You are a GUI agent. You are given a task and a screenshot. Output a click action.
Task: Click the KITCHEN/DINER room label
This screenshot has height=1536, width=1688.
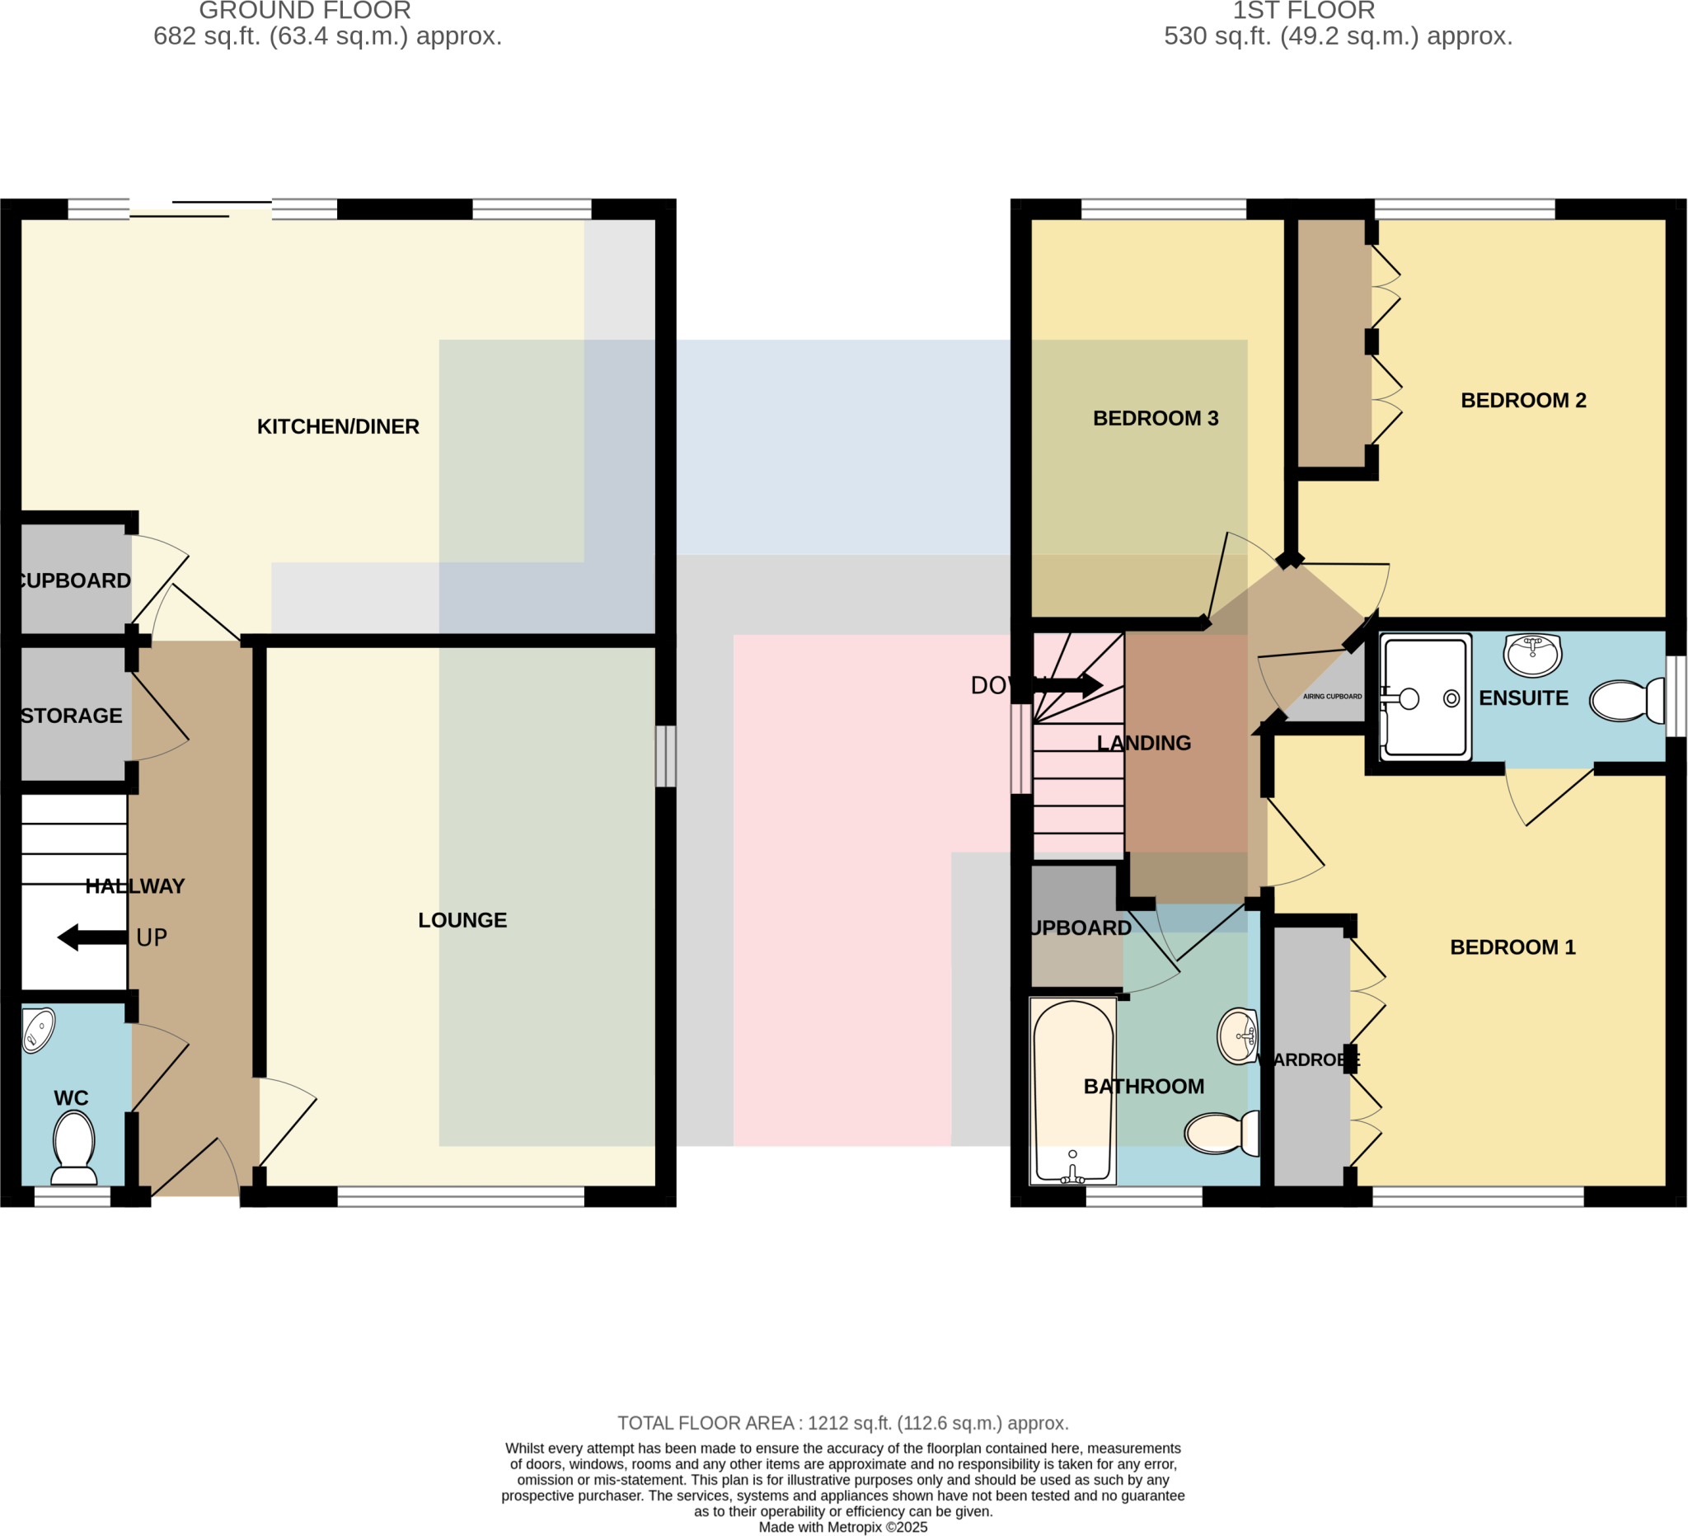click(x=337, y=426)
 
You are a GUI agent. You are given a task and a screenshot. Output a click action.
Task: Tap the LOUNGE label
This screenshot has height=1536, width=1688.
click(x=462, y=919)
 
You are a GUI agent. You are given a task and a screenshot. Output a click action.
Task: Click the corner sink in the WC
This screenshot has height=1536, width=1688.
click(x=37, y=1029)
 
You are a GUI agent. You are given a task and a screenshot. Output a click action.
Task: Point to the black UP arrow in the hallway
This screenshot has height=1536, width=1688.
click(x=92, y=937)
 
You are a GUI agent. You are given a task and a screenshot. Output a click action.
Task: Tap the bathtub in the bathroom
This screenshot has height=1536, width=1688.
click(x=1072, y=1091)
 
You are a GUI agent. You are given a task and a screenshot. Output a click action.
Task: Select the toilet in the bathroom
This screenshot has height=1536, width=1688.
click(x=1221, y=1132)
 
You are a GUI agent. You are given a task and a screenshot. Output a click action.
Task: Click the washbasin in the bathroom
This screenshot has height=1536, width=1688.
click(x=1237, y=1036)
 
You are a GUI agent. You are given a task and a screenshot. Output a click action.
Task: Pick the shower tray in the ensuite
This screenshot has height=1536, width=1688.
click(x=1425, y=697)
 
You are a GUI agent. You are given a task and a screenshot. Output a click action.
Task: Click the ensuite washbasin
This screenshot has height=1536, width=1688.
click(x=1532, y=654)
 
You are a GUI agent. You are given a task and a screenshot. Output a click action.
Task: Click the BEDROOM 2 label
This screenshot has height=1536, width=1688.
click(x=1523, y=401)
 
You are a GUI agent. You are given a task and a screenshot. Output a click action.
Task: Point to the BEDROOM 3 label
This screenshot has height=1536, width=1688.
click(x=1156, y=418)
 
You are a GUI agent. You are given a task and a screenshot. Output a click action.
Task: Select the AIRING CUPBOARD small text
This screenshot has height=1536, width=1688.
click(x=1332, y=697)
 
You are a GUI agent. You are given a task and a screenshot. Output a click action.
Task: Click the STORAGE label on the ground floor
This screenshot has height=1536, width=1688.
click(x=72, y=716)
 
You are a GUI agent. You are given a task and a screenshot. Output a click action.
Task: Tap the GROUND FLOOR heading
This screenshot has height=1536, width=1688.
click(x=305, y=11)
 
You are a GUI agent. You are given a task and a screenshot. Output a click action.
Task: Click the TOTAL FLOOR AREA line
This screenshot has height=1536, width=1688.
click(x=842, y=1423)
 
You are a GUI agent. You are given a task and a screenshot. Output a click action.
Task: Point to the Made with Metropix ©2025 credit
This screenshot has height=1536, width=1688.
click(x=842, y=1527)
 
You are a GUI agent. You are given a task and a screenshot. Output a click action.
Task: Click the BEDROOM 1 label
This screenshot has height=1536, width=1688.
click(x=1512, y=947)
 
